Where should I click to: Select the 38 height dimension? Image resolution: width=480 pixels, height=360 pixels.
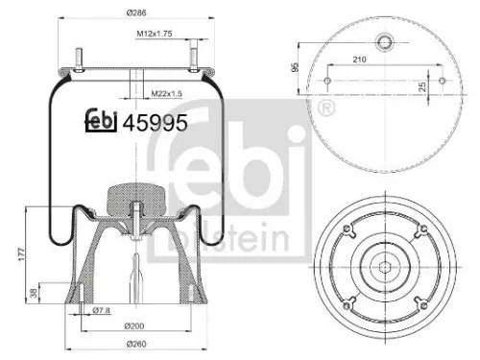36,294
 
